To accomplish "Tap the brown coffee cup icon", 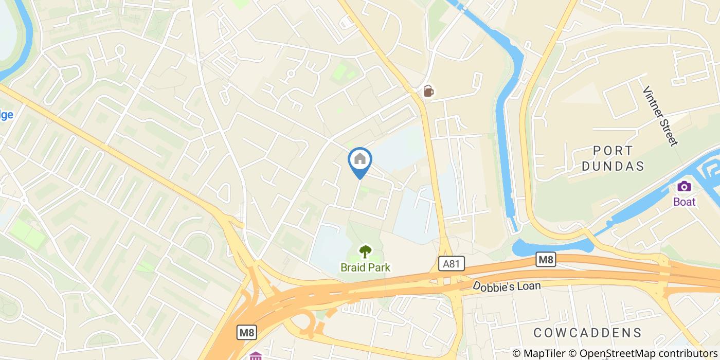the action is [428, 91].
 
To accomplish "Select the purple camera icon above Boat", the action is [684, 186].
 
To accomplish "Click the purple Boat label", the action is [684, 202].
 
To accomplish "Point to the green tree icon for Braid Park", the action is [365, 251].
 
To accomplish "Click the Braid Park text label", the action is [365, 267].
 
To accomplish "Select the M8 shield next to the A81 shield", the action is [546, 260].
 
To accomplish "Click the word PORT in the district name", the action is [613, 151].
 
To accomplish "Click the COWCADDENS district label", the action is [587, 332].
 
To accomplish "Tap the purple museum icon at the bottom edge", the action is [256, 356].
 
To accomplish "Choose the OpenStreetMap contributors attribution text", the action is [643, 353].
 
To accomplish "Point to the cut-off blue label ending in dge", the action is [6, 115].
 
